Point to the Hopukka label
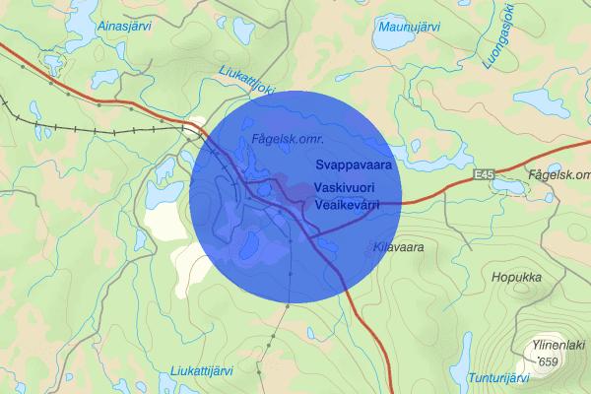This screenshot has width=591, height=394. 517,278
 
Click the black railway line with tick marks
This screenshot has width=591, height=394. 98,128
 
